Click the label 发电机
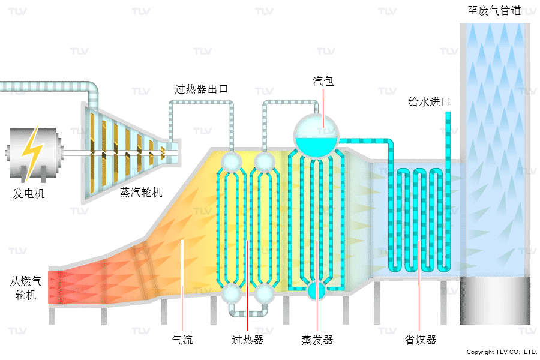pos(29,194)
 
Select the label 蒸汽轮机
pos(141,192)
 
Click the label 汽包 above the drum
pos(323,81)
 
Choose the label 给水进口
pos(429,102)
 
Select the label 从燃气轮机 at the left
pos(25,287)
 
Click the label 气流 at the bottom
pos(182,340)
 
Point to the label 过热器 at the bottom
pos(248,340)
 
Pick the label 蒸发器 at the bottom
pos(317,340)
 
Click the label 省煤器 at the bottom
pos(420,340)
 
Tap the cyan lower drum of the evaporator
pos(316,291)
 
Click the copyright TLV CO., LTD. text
pos(502,352)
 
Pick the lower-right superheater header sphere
pos(263,294)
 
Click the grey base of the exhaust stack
pos(495,300)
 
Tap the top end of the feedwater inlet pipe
pos(448,114)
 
